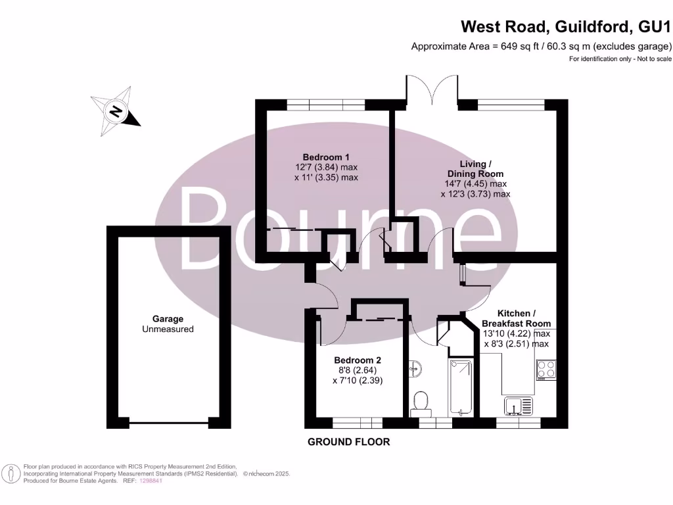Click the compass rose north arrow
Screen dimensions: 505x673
(x=116, y=111)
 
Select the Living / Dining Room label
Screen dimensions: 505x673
(x=475, y=168)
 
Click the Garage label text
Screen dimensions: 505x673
(x=168, y=319)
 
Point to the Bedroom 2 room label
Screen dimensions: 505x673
(x=358, y=360)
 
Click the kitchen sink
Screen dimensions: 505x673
(x=519, y=405)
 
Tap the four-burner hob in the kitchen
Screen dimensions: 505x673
(x=545, y=370)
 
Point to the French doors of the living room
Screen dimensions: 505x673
(x=431, y=90)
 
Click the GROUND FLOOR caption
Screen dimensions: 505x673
(x=349, y=442)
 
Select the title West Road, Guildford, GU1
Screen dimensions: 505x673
(x=566, y=27)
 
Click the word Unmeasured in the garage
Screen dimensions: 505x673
(x=168, y=329)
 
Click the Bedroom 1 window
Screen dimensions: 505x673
(x=326, y=103)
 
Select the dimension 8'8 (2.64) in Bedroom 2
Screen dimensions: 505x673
(x=358, y=370)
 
